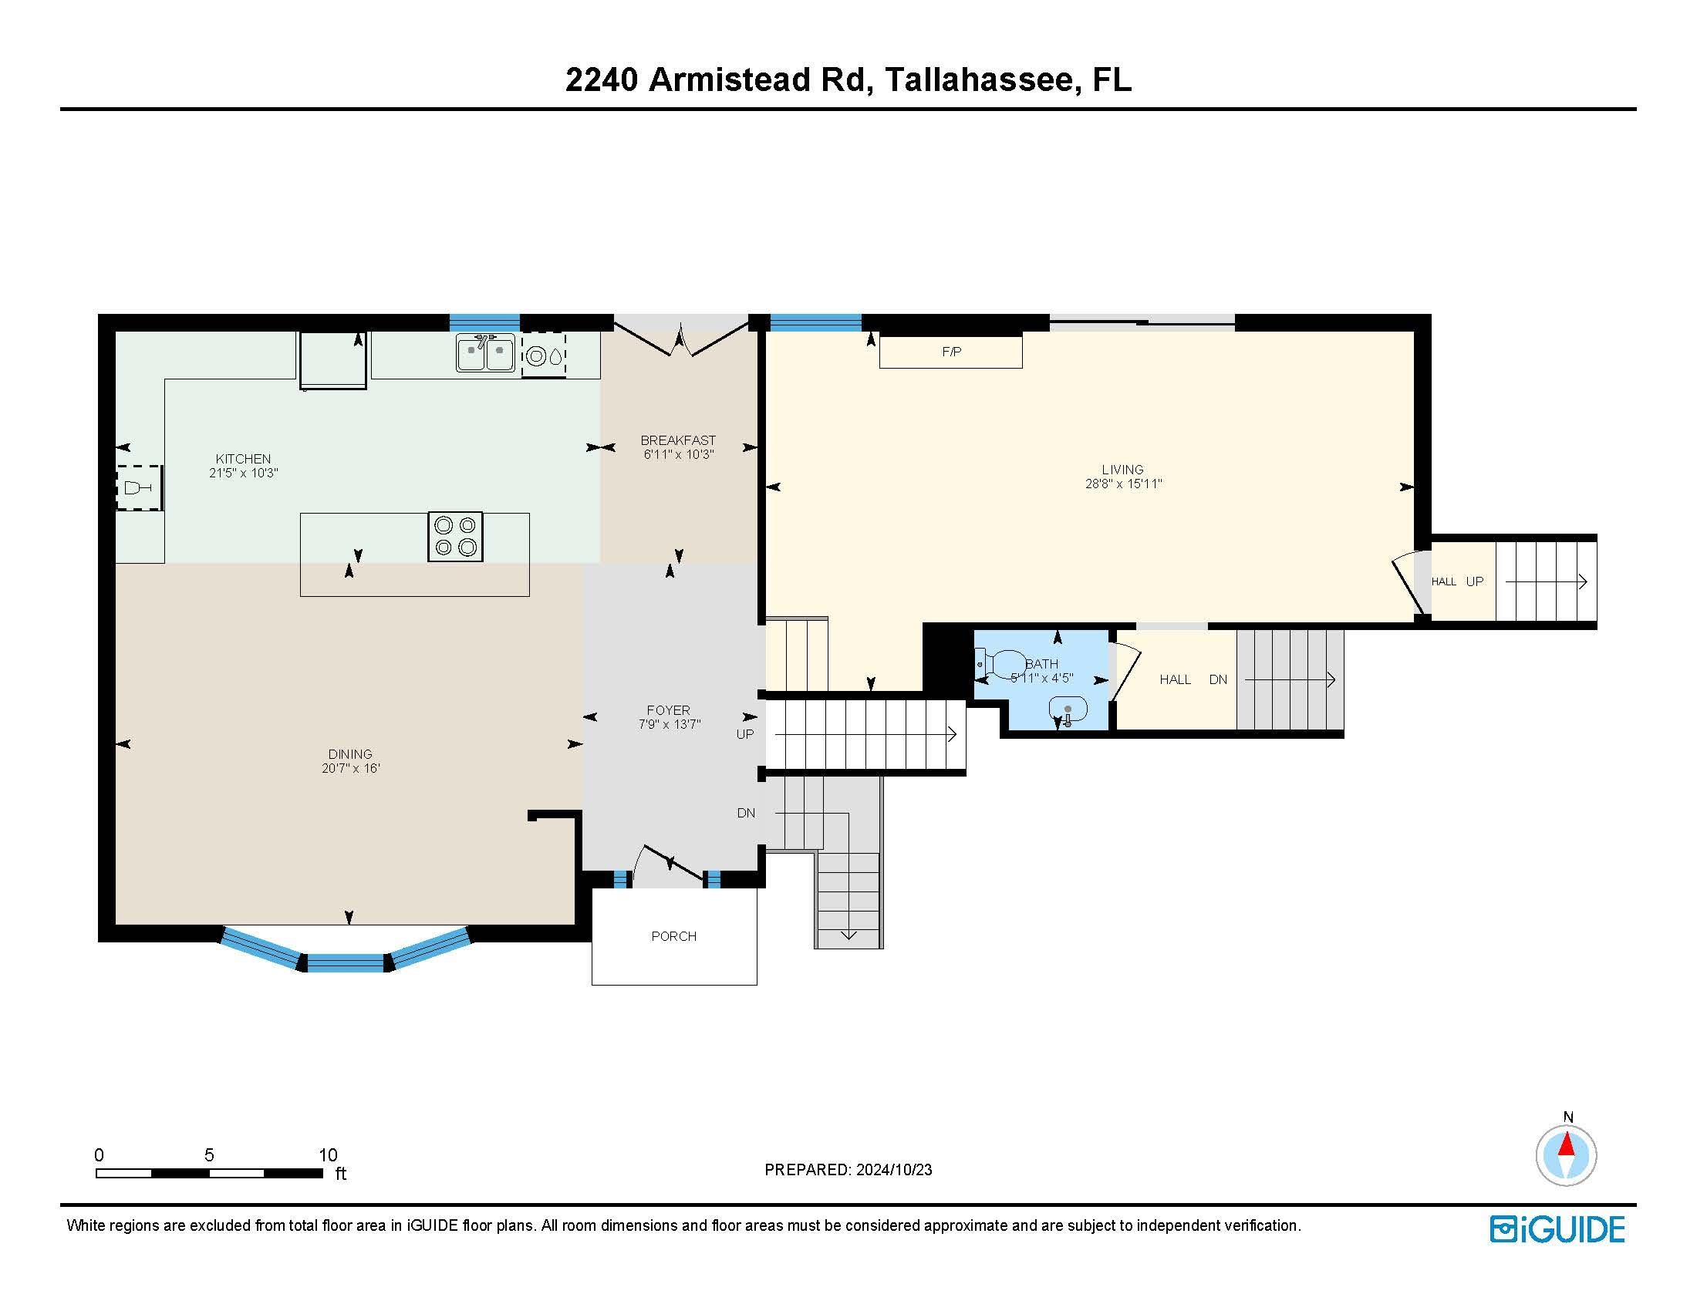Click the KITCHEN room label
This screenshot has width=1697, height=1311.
point(243,458)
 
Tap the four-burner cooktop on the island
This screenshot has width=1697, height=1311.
point(455,536)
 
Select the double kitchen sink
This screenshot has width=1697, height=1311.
point(486,354)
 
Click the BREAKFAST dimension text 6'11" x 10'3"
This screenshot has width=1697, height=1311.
point(677,454)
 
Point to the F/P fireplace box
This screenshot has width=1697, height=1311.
point(950,352)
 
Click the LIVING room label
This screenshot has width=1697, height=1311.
point(1122,469)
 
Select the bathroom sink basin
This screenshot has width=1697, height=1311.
point(1068,709)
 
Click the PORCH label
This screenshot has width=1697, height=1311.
point(673,936)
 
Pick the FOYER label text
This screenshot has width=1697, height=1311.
point(668,709)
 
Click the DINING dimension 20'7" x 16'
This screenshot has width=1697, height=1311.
point(350,768)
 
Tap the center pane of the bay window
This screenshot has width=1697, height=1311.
point(346,963)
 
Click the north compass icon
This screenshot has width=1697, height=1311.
point(1566,1155)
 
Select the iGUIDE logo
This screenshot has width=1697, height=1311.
point(1557,1229)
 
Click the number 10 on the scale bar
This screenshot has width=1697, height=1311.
point(328,1154)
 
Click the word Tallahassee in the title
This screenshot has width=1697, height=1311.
point(979,80)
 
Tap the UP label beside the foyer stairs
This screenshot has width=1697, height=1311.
point(744,734)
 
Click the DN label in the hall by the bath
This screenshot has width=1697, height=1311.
point(1217,679)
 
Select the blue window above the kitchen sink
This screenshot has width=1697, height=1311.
point(485,322)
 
